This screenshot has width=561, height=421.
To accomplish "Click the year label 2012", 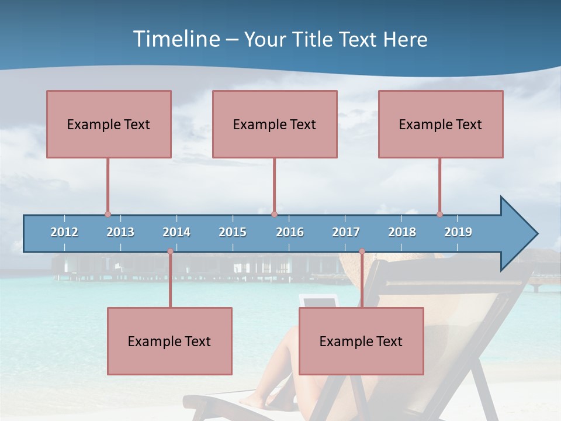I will point(64,232).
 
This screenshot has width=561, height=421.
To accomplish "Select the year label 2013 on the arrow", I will point(120,232).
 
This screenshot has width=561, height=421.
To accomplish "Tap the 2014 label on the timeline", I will point(176,232).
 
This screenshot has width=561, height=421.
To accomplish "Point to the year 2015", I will point(233,232).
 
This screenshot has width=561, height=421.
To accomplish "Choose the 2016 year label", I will point(290,232).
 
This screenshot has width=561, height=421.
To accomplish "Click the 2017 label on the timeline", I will point(346,232).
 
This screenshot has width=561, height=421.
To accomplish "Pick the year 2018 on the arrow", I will point(402,232).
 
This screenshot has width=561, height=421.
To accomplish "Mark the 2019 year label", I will point(458,232).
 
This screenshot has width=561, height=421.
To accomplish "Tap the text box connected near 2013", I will point(109,124).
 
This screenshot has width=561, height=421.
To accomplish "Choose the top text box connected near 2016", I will point(275,124).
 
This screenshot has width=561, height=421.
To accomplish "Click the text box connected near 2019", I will point(441,124).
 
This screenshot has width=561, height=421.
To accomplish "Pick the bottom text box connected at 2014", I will point(169,341).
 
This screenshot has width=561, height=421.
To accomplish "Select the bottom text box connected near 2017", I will point(361,341).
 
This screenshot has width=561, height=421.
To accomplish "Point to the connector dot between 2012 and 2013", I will point(108,215).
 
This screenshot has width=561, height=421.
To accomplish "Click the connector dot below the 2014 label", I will point(170,251).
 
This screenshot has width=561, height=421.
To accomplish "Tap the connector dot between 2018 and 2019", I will point(439,215).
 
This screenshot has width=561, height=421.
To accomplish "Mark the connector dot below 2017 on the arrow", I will point(362,251).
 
